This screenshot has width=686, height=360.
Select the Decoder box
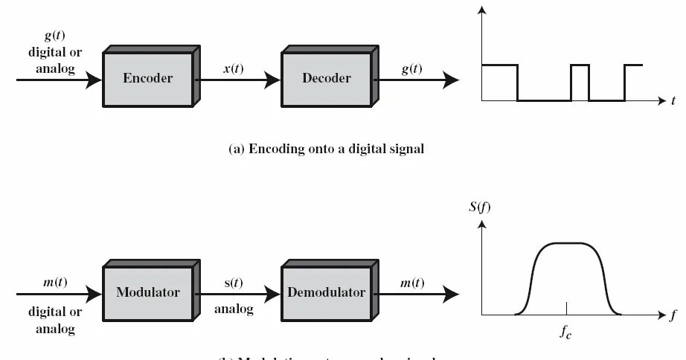coord(326,77)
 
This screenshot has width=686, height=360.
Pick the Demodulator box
coord(326,292)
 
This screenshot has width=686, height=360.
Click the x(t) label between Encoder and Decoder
coord(236,69)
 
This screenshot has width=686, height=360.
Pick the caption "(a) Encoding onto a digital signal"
coord(326,149)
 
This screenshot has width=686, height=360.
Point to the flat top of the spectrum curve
coord(567,243)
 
